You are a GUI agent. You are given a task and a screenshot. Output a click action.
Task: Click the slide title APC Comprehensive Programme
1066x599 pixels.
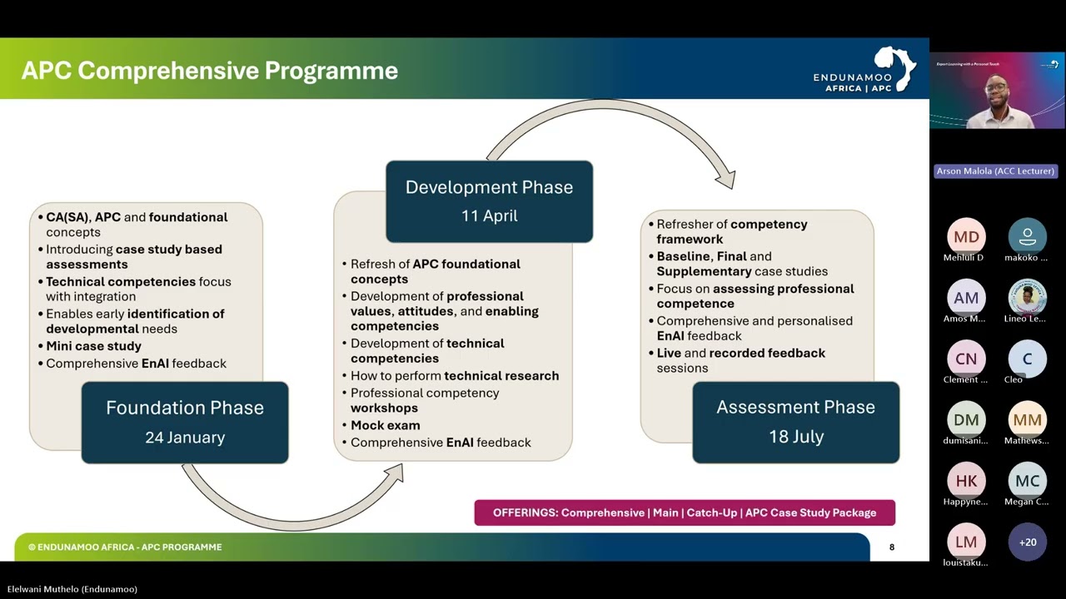pyautogui.click(x=210, y=71)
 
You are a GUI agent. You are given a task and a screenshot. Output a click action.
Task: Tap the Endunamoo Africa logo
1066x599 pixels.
pyautogui.click(x=864, y=71)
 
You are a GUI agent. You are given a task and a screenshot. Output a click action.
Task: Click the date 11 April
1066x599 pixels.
pyautogui.click(x=489, y=215)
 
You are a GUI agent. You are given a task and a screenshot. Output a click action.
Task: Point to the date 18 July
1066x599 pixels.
pyautogui.click(x=795, y=437)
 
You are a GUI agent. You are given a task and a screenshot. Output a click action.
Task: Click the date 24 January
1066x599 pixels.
pyautogui.click(x=185, y=438)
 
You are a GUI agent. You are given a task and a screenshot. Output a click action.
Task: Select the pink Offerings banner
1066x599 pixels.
pyautogui.click(x=685, y=512)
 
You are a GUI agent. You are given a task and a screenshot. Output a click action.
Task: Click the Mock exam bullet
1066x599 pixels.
pyautogui.click(x=385, y=425)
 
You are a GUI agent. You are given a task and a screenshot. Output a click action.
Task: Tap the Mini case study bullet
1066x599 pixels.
pyautogui.click(x=93, y=346)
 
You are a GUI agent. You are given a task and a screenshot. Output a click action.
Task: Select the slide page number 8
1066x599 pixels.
pyautogui.click(x=892, y=547)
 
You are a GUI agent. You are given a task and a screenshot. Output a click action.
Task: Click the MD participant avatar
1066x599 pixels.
pyautogui.click(x=966, y=237)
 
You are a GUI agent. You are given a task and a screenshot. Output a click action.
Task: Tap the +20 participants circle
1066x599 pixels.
pyautogui.click(x=1028, y=542)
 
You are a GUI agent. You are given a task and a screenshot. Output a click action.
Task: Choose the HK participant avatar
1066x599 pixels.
pyautogui.click(x=966, y=481)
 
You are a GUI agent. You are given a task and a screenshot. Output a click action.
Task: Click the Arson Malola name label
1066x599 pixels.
pyautogui.click(x=995, y=171)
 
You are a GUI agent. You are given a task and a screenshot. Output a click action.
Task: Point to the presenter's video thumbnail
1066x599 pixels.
pyautogui.click(x=997, y=91)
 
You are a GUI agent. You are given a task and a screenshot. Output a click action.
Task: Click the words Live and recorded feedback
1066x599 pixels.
pyautogui.click(x=740, y=354)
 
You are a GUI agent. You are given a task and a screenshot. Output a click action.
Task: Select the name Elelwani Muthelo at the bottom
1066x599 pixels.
pyautogui.click(x=72, y=589)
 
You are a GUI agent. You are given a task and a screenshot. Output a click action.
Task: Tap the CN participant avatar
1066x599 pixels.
pyautogui.click(x=966, y=359)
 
